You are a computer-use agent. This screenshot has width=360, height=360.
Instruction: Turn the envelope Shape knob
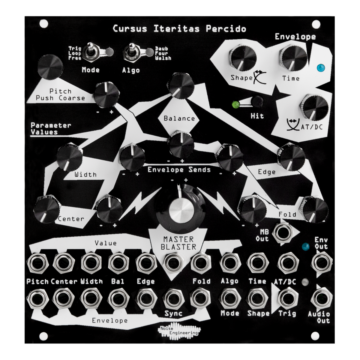243,58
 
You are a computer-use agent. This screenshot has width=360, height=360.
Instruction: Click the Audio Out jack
322,297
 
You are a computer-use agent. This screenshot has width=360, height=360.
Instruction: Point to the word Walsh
163,58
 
